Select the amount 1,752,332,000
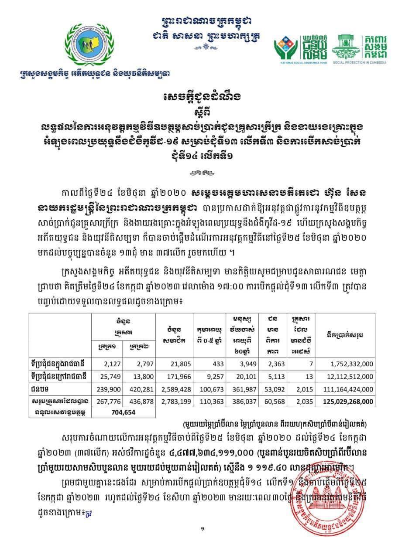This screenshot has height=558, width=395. [348, 364]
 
